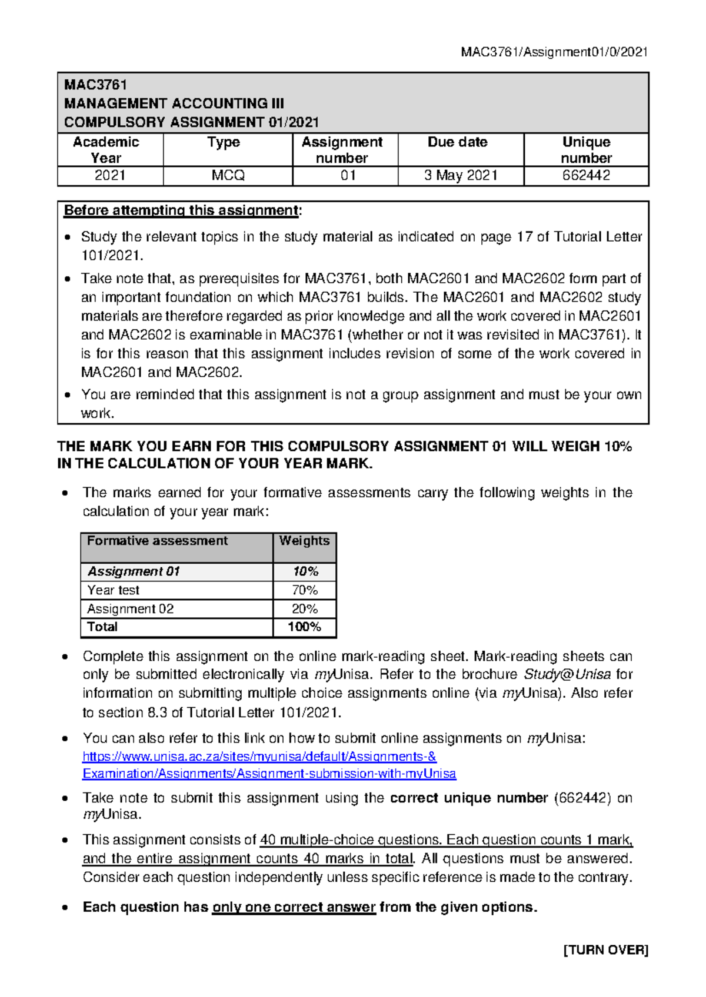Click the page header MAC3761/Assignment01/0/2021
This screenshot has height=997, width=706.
(554, 52)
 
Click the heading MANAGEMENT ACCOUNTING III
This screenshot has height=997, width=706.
(174, 103)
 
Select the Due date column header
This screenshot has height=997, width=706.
(457, 142)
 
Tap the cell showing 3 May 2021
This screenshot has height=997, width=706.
(461, 176)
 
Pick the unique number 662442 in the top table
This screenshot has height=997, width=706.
(586, 176)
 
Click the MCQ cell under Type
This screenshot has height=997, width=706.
(228, 176)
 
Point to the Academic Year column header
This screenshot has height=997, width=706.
(106, 150)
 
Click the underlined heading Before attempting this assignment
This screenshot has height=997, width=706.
(181, 210)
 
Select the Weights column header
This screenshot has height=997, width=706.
(304, 541)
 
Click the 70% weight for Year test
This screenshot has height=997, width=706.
(304, 590)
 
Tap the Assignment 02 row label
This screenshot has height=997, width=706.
(131, 609)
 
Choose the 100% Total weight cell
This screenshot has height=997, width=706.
(304, 627)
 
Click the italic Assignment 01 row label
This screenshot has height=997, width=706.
(134, 571)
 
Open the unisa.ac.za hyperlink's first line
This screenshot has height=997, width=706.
(259, 757)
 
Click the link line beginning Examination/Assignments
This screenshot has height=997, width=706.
(269, 774)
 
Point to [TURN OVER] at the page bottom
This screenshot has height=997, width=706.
(605, 950)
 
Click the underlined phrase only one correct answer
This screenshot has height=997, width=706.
(294, 907)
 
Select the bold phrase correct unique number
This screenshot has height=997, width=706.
(469, 798)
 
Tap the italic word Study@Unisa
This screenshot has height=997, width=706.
(567, 674)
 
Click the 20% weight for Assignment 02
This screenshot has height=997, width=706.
(304, 609)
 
